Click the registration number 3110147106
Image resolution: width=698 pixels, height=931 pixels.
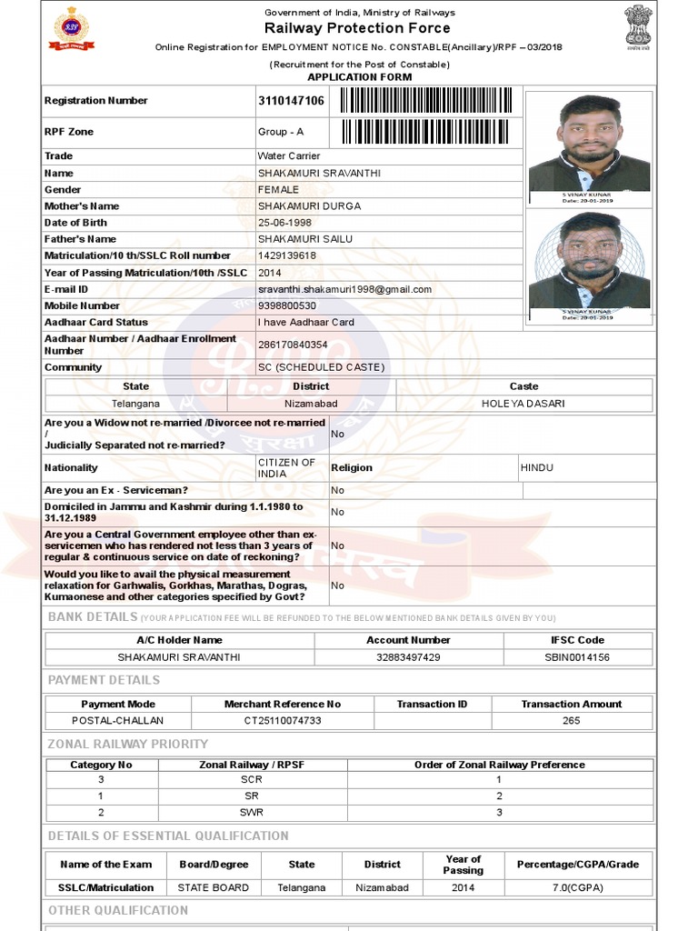pos(291,101)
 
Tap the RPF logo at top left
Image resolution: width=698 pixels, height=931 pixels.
pos(65,29)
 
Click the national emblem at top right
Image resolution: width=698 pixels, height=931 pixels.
pos(637,25)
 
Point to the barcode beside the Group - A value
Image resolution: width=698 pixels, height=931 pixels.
pos(426,133)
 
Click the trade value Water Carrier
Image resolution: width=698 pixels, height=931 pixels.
pos(289,156)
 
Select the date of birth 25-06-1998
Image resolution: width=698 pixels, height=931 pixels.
pos(284,223)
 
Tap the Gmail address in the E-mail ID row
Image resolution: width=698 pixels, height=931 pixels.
pos(344,289)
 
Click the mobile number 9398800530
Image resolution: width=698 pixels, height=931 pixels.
pos(287,306)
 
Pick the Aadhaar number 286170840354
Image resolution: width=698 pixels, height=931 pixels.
pos(293,345)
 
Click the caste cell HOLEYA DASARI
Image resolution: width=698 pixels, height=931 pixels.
pos(523,404)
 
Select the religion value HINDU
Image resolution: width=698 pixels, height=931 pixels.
pos(536,468)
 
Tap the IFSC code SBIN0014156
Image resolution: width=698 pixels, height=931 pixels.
pos(577,657)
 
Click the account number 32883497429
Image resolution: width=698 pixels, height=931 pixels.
pos(408,657)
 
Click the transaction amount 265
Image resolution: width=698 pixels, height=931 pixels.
pos(571,721)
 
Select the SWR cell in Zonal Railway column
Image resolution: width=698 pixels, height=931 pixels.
pos(252,812)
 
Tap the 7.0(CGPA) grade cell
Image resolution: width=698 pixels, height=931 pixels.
pos(577,888)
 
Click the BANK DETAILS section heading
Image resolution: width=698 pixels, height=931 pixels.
pos(92,617)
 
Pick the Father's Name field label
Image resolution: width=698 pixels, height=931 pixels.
pos(81,239)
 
